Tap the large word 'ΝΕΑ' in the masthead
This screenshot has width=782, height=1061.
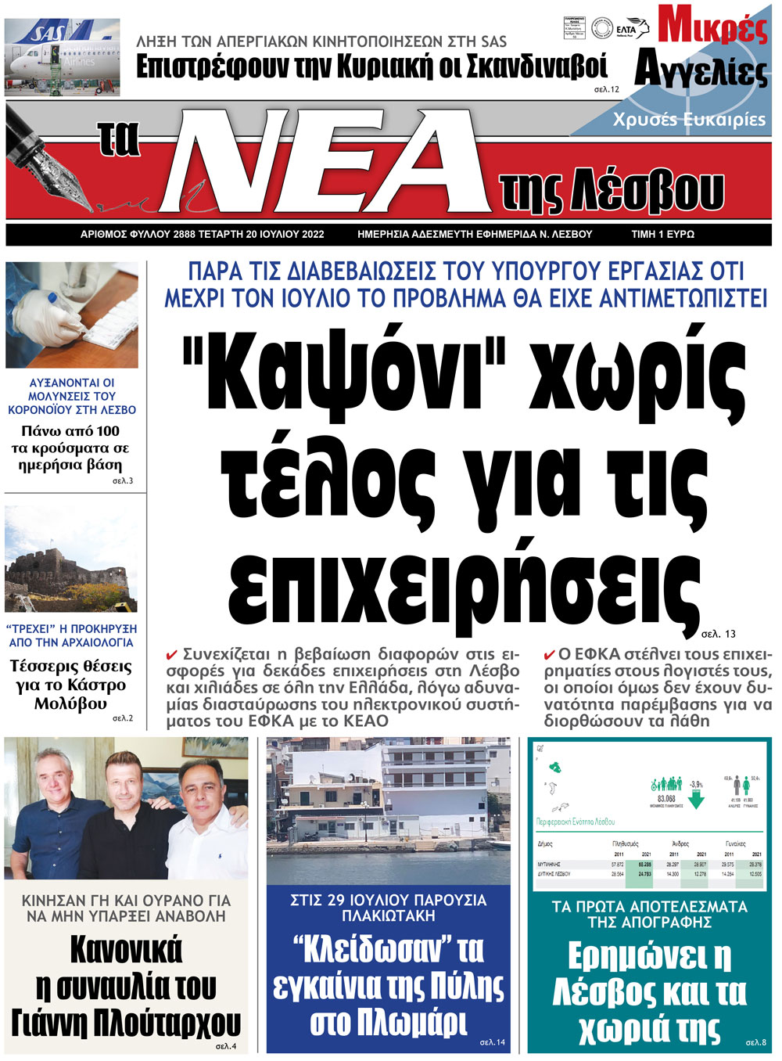[328, 161]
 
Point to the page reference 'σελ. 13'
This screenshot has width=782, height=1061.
[718, 634]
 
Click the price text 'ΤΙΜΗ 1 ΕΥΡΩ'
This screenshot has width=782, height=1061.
[662, 234]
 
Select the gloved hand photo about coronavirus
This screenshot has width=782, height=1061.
[71, 315]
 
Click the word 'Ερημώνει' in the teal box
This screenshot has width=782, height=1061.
[649, 957]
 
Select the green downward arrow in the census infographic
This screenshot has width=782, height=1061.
[697, 800]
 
